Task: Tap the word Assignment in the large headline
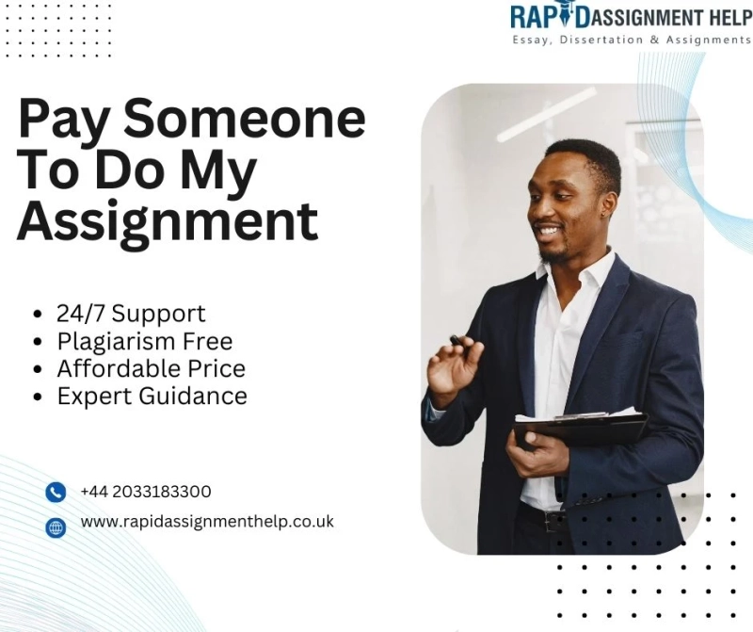tap(168, 222)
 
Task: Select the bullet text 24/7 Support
tap(131, 313)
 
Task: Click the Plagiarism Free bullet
tap(144, 340)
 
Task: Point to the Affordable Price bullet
tap(151, 368)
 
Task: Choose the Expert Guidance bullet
tap(152, 396)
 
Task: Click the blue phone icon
tap(56, 492)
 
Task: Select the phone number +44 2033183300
tap(146, 492)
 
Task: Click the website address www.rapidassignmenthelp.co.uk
tap(207, 521)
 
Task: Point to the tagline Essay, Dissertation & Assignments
tap(631, 40)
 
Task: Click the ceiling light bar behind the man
tap(546, 114)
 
